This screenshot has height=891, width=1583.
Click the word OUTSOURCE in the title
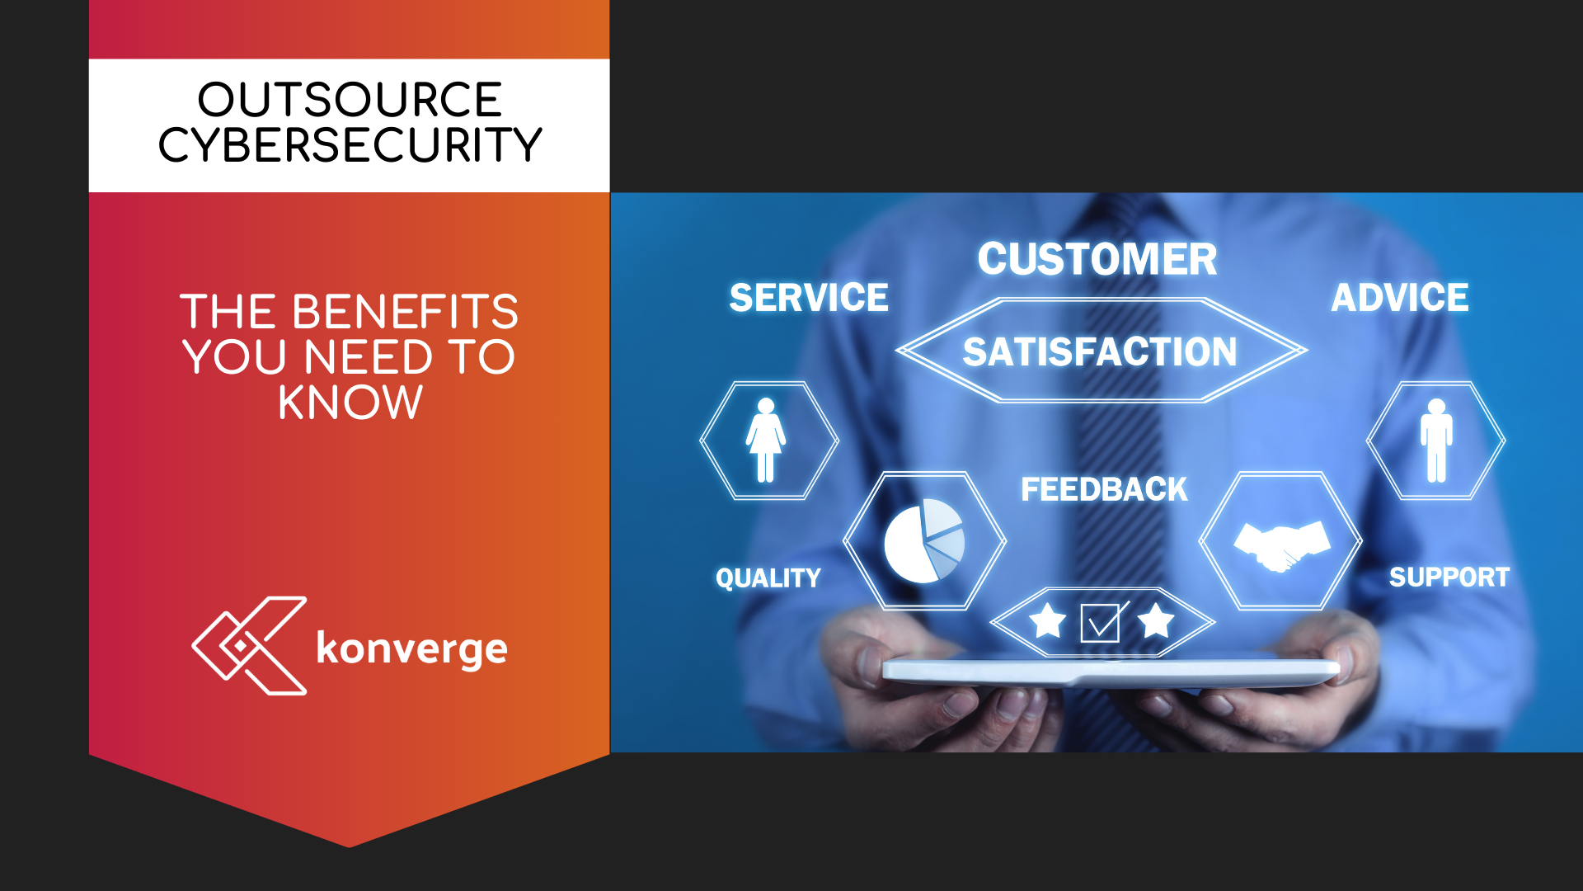[x=350, y=100]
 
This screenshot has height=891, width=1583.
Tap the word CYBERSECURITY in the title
[x=350, y=145]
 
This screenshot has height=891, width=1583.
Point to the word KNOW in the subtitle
[x=350, y=403]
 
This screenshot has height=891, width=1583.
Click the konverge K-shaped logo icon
[x=249, y=646]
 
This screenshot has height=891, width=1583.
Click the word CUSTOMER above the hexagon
[x=1097, y=259]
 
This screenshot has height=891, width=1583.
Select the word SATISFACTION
[x=1100, y=352]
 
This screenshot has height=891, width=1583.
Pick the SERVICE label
[x=809, y=298]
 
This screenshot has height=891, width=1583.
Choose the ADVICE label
[x=1400, y=298]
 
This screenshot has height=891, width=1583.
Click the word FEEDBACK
[x=1104, y=490]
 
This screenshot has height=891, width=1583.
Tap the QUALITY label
[x=768, y=578]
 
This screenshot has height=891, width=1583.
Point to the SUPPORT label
[x=1449, y=577]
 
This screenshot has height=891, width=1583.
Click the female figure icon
[x=766, y=440]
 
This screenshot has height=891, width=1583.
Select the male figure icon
[x=1436, y=440]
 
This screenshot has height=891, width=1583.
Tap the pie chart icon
[x=923, y=540]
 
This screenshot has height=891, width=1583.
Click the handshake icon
[x=1281, y=544]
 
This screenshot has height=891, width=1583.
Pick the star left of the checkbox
[x=1048, y=621]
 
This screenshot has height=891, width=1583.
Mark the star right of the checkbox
[x=1156, y=621]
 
